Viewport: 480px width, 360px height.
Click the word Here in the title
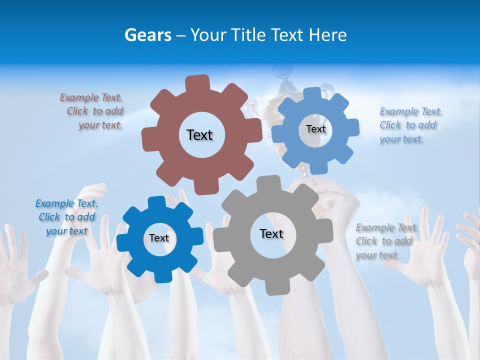click(x=327, y=35)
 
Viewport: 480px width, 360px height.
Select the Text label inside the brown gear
click(x=199, y=135)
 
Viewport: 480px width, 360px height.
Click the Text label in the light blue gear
click(x=315, y=129)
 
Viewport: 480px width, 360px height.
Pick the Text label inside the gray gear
click(x=271, y=233)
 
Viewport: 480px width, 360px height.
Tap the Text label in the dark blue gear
click(x=159, y=238)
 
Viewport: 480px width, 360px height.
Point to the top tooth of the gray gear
click(x=267, y=183)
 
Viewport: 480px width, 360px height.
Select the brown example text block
click(x=92, y=111)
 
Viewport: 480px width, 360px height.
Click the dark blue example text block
click(x=66, y=217)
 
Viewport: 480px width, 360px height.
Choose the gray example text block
click(x=386, y=241)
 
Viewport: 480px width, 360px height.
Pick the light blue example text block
click(x=410, y=125)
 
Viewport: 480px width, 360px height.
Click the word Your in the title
click(x=207, y=35)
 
